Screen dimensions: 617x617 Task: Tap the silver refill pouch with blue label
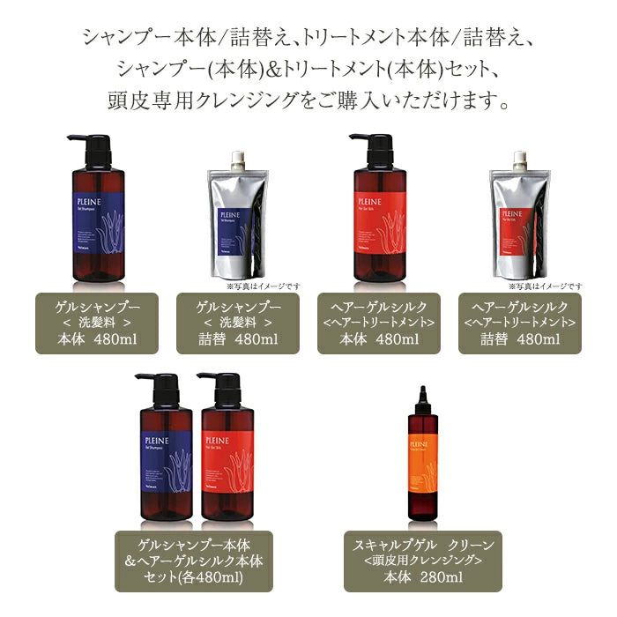[237, 220]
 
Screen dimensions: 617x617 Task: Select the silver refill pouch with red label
[519, 220]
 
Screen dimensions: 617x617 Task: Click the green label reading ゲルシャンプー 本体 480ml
[97, 323]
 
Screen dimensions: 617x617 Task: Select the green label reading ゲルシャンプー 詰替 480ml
[238, 323]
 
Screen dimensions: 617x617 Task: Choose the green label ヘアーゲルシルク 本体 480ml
[379, 323]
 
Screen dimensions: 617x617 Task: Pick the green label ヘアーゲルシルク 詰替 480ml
[520, 323]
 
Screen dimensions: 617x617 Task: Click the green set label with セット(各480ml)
[193, 561]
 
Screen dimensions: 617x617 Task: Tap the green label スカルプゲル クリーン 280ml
[423, 561]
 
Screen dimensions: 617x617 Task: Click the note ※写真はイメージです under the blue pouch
[263, 286]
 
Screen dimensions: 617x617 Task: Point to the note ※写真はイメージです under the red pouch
[545, 286]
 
